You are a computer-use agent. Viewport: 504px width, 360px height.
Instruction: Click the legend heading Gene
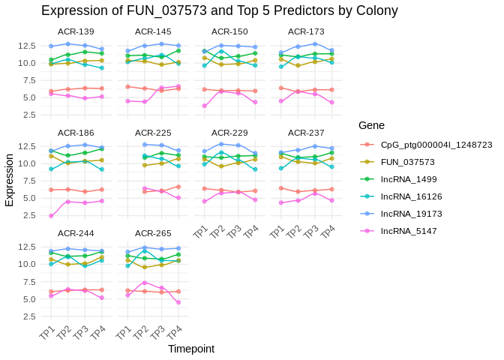[372, 124]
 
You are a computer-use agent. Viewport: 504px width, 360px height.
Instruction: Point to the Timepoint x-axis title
[191, 349]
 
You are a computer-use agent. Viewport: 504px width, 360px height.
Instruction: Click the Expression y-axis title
[10, 180]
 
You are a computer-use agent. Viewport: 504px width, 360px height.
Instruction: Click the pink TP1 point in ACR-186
[51, 216]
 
